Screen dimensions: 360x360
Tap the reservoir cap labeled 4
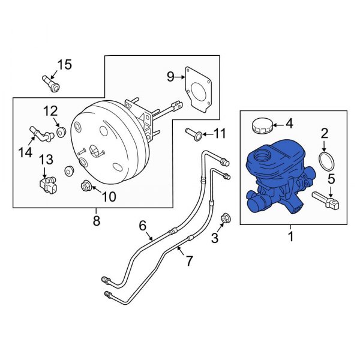coord(261,126)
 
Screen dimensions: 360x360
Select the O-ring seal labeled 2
coord(324,162)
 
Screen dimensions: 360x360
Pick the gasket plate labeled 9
coord(199,88)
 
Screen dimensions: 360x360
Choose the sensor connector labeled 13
coord(46,182)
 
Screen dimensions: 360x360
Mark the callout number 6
coord(143,226)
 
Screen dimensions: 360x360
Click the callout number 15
coord(64,65)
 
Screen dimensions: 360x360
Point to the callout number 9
coord(170,76)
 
